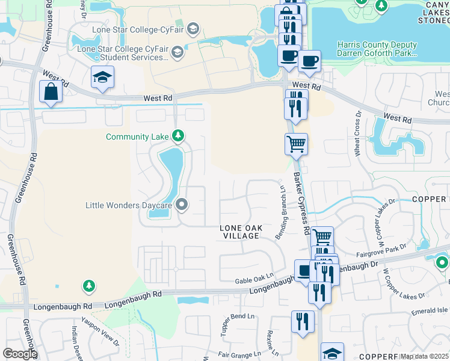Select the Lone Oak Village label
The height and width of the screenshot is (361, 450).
[x=239, y=232]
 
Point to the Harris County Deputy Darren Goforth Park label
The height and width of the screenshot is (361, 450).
[x=377, y=49]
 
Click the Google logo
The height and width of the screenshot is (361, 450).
[x=19, y=354]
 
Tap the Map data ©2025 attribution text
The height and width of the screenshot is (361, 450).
[x=424, y=357]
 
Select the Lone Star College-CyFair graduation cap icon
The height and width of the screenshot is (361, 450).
[x=193, y=28]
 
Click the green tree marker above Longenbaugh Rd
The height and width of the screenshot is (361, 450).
[x=89, y=285]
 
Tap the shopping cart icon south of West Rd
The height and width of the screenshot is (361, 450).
[x=295, y=144]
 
